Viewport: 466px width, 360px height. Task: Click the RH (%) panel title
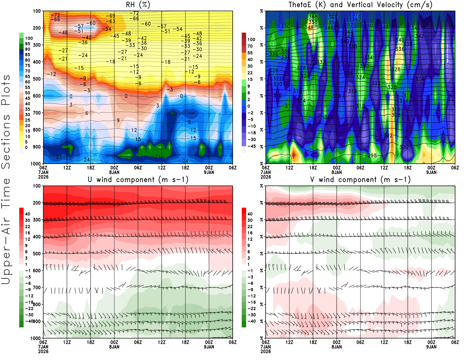pos(138,5)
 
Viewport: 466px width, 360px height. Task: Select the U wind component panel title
pos(138,179)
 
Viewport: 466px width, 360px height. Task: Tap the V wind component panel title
pos(360,179)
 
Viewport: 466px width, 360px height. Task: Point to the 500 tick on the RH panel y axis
pos(37,79)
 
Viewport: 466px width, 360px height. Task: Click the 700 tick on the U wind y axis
pos(37,287)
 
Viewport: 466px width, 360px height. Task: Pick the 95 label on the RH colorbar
pos(27,44)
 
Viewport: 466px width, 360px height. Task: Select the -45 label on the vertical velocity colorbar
pos(251,146)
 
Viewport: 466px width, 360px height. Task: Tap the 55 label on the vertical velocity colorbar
pos(250,53)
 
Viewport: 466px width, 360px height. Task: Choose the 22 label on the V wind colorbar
pos(250,227)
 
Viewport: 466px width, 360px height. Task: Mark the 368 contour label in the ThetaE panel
pos(313,17)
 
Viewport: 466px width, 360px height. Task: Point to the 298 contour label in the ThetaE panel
pos(372,156)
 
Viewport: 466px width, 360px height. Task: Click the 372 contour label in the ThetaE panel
pos(356,14)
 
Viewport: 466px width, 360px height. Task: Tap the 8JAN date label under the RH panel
pos(114,172)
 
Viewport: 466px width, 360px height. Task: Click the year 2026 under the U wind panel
pos(43,351)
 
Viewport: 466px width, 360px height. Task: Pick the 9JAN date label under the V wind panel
pos(431,347)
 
